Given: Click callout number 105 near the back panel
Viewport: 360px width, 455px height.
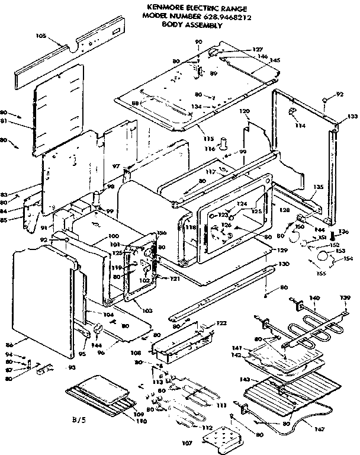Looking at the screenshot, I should [41, 36].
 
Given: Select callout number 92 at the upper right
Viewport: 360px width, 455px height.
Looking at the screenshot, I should [340, 94].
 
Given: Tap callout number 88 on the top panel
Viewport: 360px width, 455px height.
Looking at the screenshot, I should [135, 103].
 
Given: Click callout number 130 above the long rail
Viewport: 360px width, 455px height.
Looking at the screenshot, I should [284, 264].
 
